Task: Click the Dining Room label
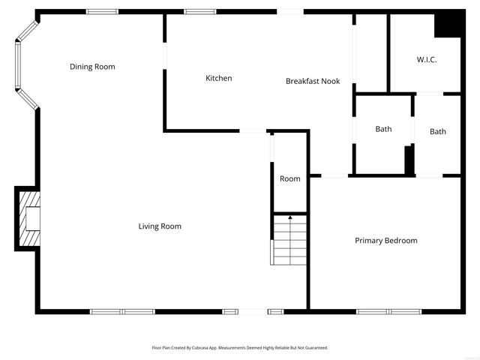[92, 67]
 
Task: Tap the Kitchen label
[219, 78]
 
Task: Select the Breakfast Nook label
[313, 81]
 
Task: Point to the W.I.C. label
[427, 60]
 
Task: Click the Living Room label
[160, 226]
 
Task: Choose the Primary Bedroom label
[386, 241]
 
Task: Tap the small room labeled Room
[290, 178]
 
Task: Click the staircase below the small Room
[289, 239]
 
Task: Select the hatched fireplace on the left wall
[28, 217]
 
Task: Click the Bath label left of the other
[383, 129]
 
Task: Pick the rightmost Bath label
[438, 132]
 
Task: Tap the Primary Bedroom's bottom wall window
[388, 311]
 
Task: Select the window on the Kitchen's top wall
[200, 11]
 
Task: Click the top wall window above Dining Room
[101, 11]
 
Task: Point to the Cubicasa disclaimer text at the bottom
[240, 348]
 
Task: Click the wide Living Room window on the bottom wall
[122, 311]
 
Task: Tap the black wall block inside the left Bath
[409, 160]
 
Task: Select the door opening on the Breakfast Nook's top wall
[290, 11]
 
